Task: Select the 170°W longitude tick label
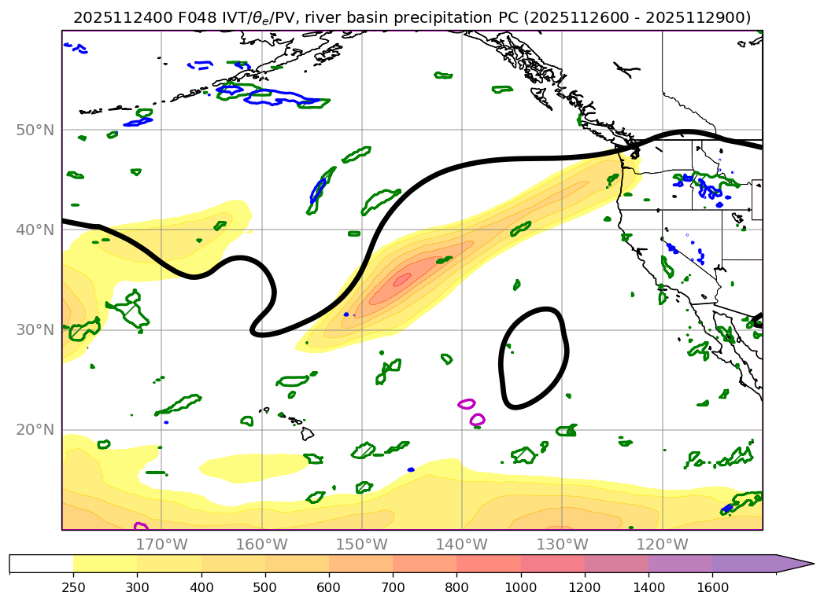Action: [x=161, y=544]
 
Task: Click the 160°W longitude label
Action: [x=261, y=544]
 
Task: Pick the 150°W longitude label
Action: [x=361, y=544]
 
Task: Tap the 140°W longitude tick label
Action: [x=461, y=544]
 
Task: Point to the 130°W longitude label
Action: [x=561, y=544]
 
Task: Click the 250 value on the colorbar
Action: [x=73, y=586]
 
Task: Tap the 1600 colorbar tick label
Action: [x=712, y=586]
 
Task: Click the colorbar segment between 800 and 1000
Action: [x=489, y=564]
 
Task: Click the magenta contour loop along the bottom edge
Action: [x=141, y=526]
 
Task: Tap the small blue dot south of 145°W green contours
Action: [x=411, y=469]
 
